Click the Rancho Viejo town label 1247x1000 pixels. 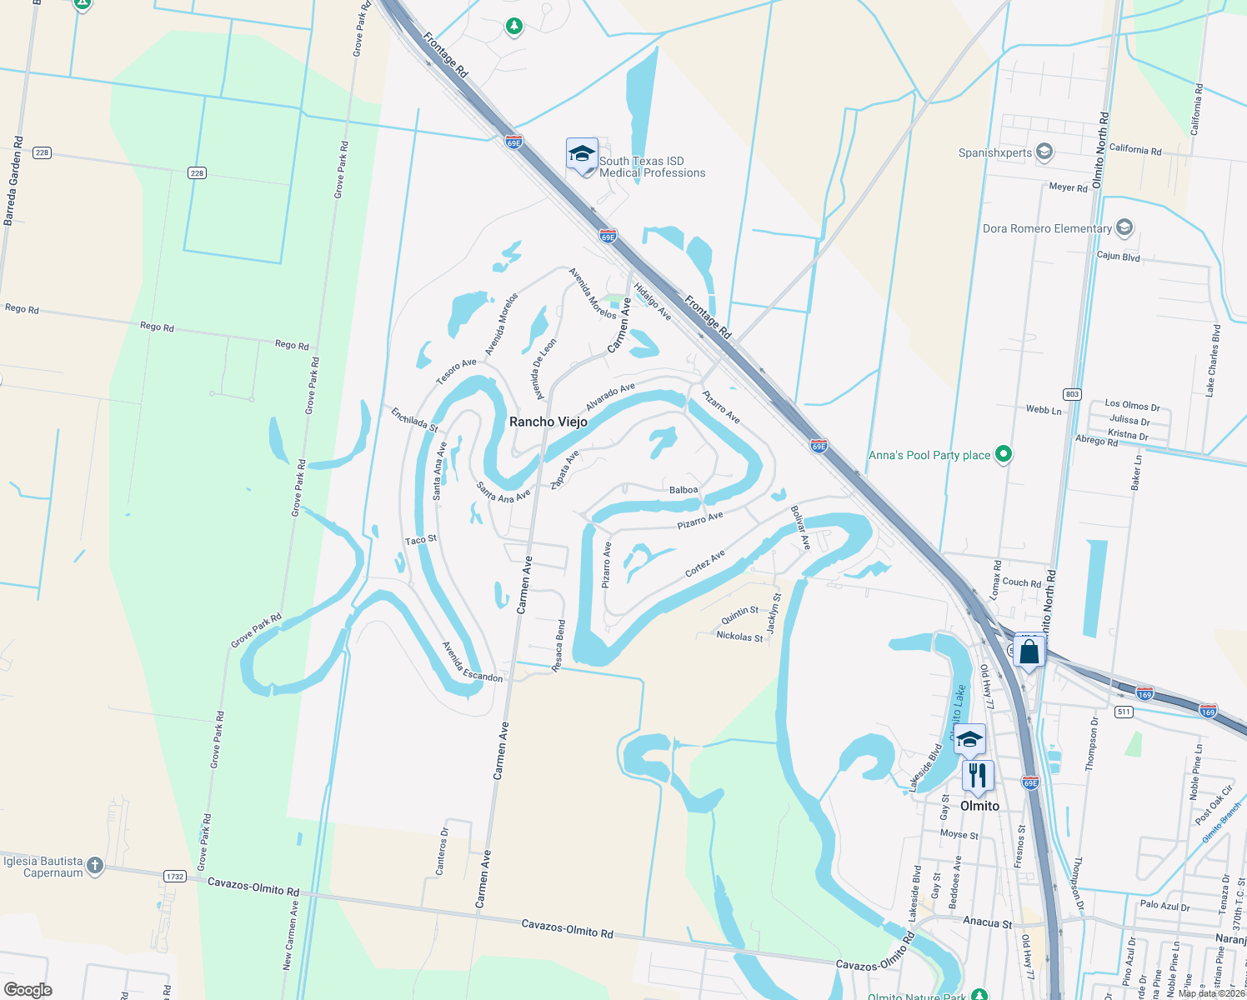pyautogui.click(x=548, y=422)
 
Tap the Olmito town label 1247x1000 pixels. pyautogui.click(x=979, y=806)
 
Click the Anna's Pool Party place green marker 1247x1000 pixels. pyautogui.click(x=1004, y=455)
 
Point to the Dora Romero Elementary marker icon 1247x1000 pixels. pyautogui.click(x=1124, y=227)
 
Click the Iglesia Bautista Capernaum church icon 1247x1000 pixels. pyautogui.click(x=95, y=866)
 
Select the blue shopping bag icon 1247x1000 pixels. pyautogui.click(x=1029, y=652)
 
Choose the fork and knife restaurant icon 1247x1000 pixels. pyautogui.click(x=978, y=776)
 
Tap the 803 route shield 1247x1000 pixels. pyautogui.click(x=1072, y=394)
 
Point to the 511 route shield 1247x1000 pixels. pyautogui.click(x=1124, y=712)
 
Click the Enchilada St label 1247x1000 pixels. pyautogui.click(x=414, y=419)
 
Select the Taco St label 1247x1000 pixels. pyautogui.click(x=421, y=540)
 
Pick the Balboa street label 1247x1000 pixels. pyautogui.click(x=684, y=490)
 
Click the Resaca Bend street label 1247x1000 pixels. pyautogui.click(x=558, y=646)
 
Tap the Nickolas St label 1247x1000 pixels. pyautogui.click(x=739, y=637)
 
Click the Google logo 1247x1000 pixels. pyautogui.click(x=28, y=990)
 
